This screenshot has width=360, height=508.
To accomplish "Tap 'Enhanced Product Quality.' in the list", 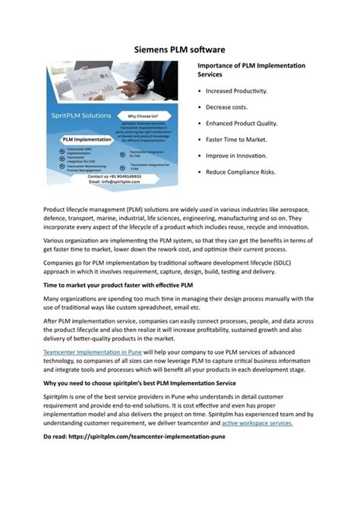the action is pos(238,123).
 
